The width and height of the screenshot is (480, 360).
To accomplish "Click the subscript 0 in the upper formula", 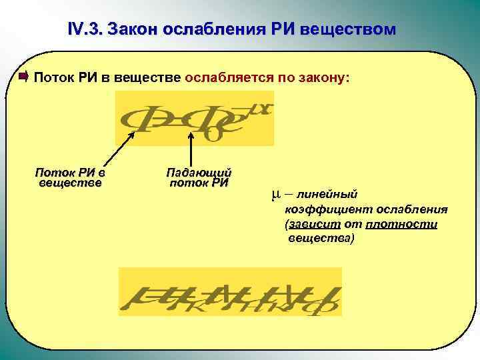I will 215,133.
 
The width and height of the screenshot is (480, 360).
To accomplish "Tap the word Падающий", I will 199,172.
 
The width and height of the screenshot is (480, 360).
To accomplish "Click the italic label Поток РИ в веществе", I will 71,177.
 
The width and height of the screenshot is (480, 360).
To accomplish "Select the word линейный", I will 327,194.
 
